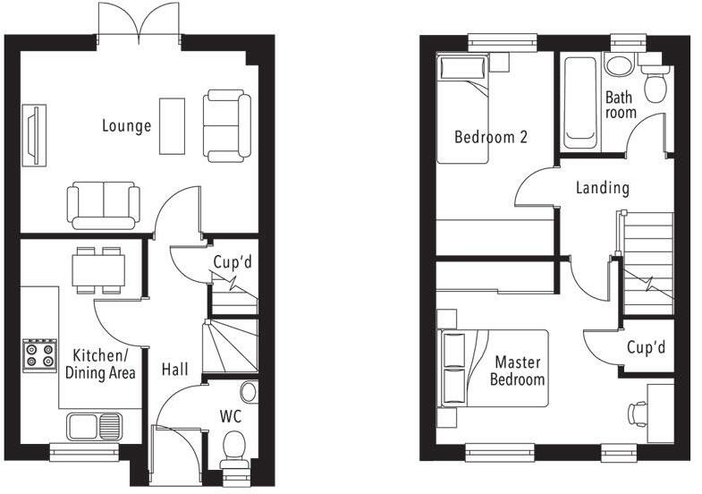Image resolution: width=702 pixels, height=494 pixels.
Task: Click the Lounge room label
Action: (x=126, y=126)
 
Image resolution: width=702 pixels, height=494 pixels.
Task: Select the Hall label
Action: (x=175, y=369)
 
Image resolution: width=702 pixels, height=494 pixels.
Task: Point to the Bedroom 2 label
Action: (x=490, y=138)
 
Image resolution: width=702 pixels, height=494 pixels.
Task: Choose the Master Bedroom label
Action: (x=520, y=371)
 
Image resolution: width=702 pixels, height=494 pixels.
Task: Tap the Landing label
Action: (x=602, y=188)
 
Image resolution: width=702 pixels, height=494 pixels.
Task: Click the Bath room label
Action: (x=621, y=105)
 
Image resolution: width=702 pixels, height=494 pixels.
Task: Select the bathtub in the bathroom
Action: (x=579, y=103)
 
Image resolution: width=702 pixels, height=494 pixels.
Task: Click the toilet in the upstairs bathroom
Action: (x=656, y=82)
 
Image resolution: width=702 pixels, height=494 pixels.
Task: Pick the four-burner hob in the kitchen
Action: (x=39, y=353)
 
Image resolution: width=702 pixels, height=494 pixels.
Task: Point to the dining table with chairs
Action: (x=98, y=270)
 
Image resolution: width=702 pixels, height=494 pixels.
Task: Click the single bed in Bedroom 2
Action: (x=462, y=109)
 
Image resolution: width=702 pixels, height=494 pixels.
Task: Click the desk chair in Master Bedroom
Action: (x=638, y=413)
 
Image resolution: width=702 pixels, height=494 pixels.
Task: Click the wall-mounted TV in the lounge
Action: (x=33, y=137)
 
